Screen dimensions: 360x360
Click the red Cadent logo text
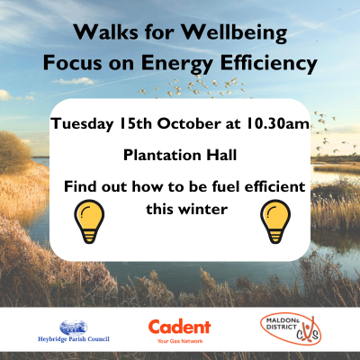click(x=179, y=327)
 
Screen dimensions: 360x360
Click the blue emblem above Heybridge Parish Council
click(x=71, y=327)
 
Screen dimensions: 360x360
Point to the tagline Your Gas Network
click(x=179, y=342)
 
